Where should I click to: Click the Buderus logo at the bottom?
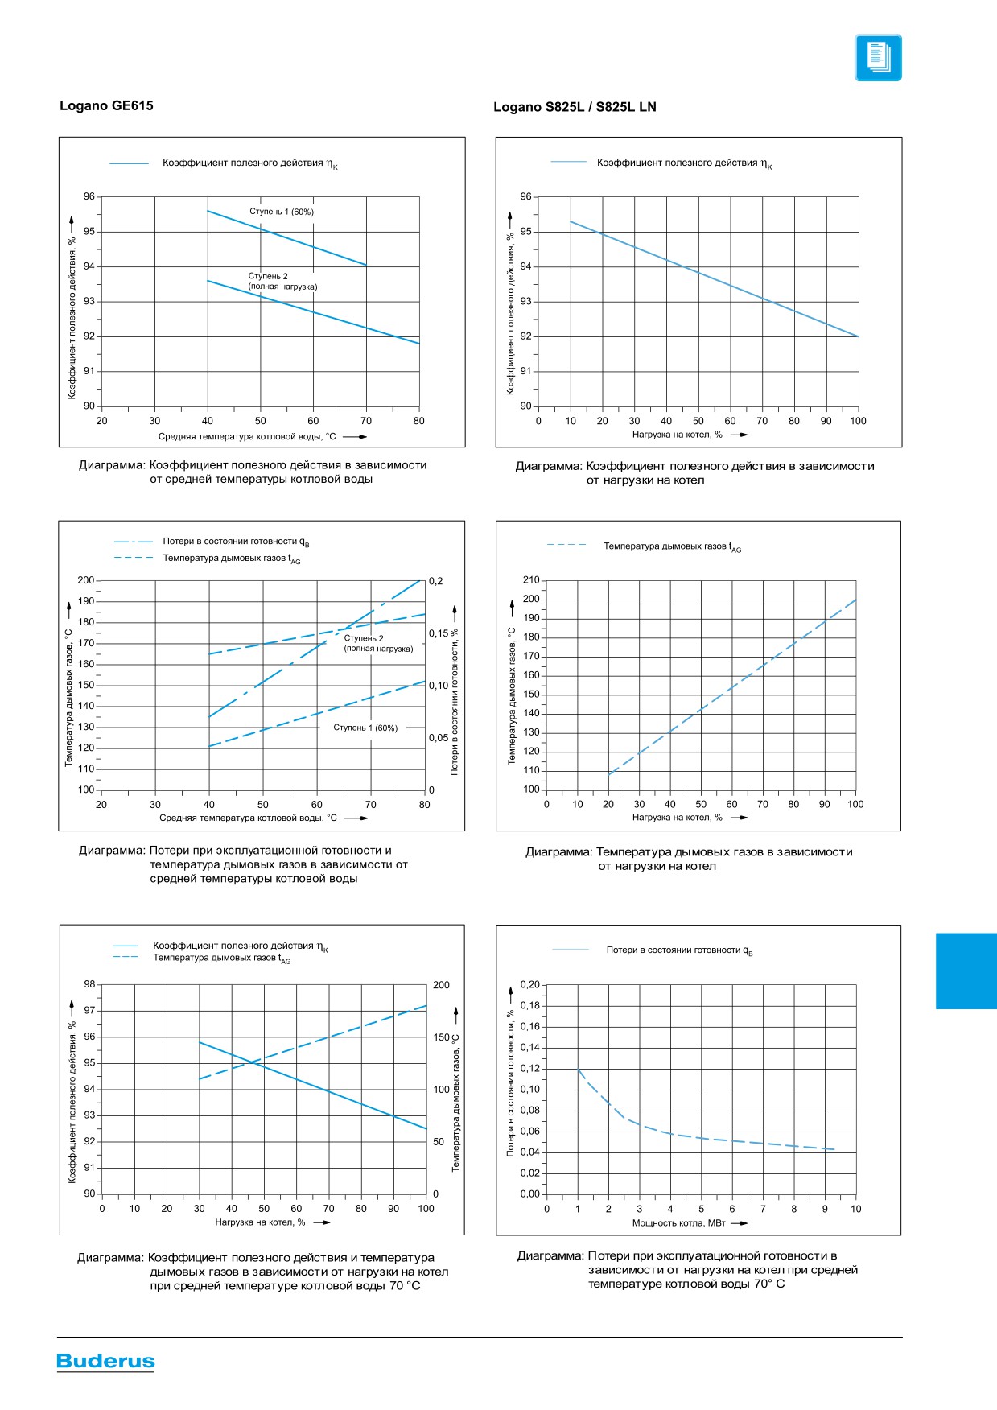105,1361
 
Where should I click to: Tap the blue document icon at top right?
878,58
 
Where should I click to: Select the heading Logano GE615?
106,105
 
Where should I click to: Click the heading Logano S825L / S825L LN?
575,107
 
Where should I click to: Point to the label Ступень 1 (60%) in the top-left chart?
282,212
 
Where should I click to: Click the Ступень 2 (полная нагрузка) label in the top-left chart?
282,281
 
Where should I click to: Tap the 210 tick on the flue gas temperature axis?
531,579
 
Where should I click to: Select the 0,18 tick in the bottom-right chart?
530,1005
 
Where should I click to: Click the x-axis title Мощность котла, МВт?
678,1223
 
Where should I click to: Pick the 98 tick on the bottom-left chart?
89,984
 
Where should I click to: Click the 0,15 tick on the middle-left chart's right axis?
439,633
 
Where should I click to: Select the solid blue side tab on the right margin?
966,971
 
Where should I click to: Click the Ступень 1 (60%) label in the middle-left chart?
365,728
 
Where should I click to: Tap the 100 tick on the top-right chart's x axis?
859,421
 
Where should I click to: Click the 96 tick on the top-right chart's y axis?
526,196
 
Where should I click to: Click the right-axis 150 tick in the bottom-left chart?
441,1037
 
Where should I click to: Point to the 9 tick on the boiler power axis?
825,1209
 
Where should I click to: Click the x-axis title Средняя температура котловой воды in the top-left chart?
247,437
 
